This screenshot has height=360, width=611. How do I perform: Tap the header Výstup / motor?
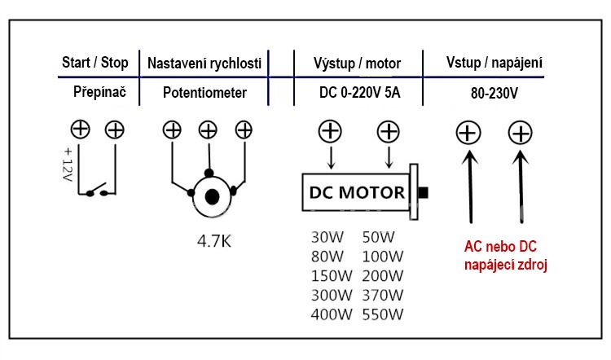click(357, 63)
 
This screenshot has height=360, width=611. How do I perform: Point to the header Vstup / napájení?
click(495, 63)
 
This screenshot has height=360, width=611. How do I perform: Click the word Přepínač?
click(97, 93)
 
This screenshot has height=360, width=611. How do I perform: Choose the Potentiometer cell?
click(204, 93)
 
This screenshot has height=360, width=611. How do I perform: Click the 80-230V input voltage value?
click(495, 93)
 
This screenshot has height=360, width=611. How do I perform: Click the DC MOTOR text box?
click(356, 193)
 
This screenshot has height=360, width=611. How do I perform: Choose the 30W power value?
click(327, 237)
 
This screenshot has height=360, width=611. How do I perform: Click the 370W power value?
click(382, 295)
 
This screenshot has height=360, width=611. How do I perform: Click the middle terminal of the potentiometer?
click(208, 130)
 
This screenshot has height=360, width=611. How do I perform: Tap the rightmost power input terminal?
click(521, 132)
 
